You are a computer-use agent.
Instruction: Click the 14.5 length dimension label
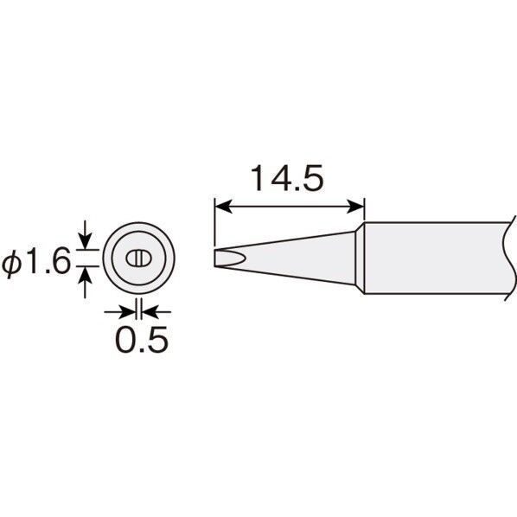tap(287, 178)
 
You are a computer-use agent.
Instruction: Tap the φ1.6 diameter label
tap(36, 261)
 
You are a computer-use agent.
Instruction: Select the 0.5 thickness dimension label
tap(142, 339)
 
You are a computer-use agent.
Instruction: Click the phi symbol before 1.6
tap(12, 263)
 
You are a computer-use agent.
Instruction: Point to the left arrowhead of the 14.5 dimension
tap(223, 207)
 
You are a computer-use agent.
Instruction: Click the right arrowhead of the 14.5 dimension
tap(355, 207)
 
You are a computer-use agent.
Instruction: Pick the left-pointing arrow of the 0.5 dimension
tap(156, 311)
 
